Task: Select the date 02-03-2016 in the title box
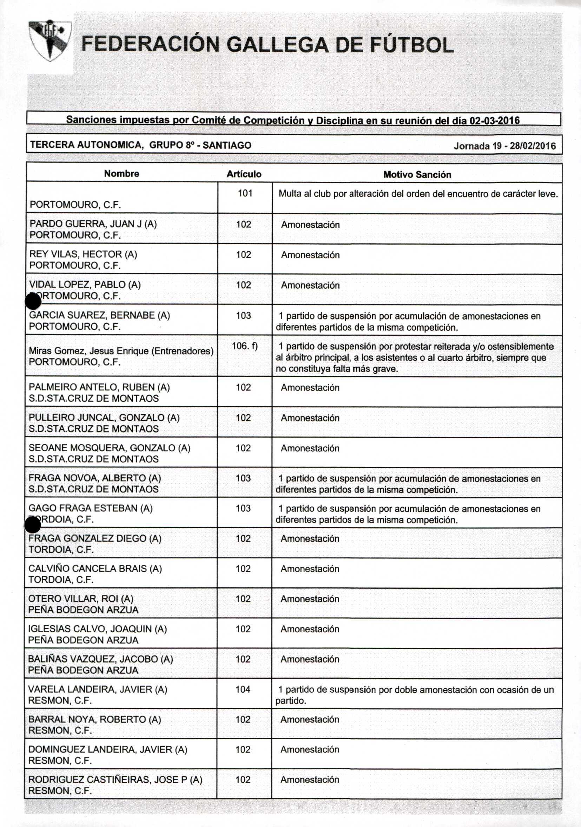(x=495, y=121)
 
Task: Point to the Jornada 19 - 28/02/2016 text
(x=504, y=146)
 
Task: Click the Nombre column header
(x=121, y=174)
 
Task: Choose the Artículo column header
(x=244, y=174)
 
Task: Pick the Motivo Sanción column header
(x=417, y=175)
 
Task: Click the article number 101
(x=245, y=193)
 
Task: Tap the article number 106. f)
(x=245, y=346)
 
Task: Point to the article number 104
(x=243, y=690)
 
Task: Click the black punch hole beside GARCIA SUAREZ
(x=33, y=302)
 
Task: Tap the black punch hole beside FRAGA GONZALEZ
(x=32, y=526)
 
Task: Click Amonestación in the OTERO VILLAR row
(x=310, y=599)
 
